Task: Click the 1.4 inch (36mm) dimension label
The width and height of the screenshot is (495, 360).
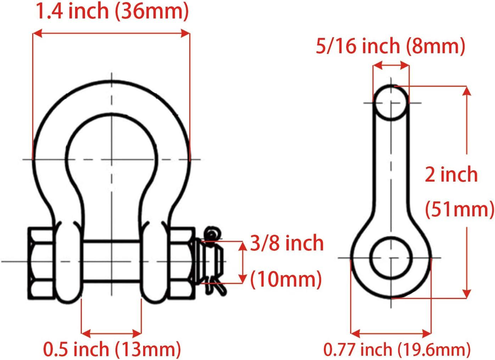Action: point(111,11)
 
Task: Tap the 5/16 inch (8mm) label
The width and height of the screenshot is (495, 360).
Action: point(390,46)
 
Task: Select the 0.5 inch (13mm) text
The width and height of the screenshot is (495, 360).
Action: point(112,349)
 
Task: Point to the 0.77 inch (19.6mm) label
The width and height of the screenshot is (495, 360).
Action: point(397,349)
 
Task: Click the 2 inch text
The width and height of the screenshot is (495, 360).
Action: point(451,175)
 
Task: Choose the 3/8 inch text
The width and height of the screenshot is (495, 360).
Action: point(287,243)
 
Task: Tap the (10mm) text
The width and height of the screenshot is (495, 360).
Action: point(286,279)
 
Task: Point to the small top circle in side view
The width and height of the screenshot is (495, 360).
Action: point(391,103)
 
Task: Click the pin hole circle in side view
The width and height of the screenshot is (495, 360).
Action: point(391,257)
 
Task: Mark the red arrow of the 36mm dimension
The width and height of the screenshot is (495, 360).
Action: point(111,33)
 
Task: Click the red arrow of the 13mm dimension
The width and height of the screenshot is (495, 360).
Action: point(111,333)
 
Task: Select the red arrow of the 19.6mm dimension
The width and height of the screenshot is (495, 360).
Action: point(391,333)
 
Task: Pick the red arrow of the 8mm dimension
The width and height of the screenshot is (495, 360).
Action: point(391,65)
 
